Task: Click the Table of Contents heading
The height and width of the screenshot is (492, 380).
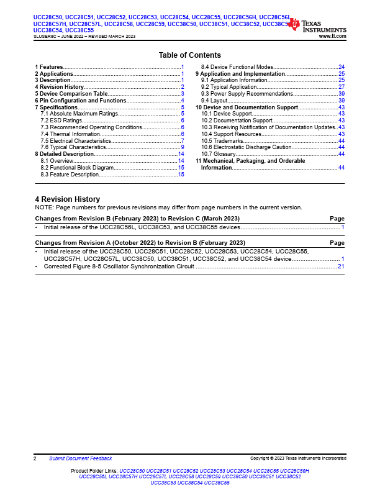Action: click(x=189, y=55)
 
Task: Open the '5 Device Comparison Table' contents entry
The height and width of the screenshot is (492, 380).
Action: click(x=71, y=94)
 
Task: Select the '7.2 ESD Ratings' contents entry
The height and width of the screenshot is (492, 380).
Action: click(x=61, y=121)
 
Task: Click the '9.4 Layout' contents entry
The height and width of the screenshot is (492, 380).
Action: click(x=214, y=101)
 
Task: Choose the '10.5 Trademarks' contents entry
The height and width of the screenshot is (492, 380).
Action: click(x=222, y=141)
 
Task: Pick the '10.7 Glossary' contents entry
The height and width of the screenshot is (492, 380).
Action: click(x=218, y=154)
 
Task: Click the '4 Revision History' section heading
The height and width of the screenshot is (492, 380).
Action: click(x=67, y=199)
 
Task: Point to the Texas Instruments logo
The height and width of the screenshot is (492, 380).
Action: click(x=317, y=26)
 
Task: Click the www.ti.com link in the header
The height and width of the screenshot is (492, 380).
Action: click(x=332, y=37)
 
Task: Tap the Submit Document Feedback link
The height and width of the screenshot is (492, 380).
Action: click(x=81, y=458)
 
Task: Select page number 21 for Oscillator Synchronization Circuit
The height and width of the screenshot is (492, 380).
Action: click(x=341, y=266)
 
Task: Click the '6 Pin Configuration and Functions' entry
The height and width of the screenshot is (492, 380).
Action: click(x=80, y=101)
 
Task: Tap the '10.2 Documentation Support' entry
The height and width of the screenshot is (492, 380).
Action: click(x=237, y=121)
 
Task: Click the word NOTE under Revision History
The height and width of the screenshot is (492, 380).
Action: click(x=44, y=207)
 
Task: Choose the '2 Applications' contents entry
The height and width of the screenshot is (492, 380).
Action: click(x=55, y=73)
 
